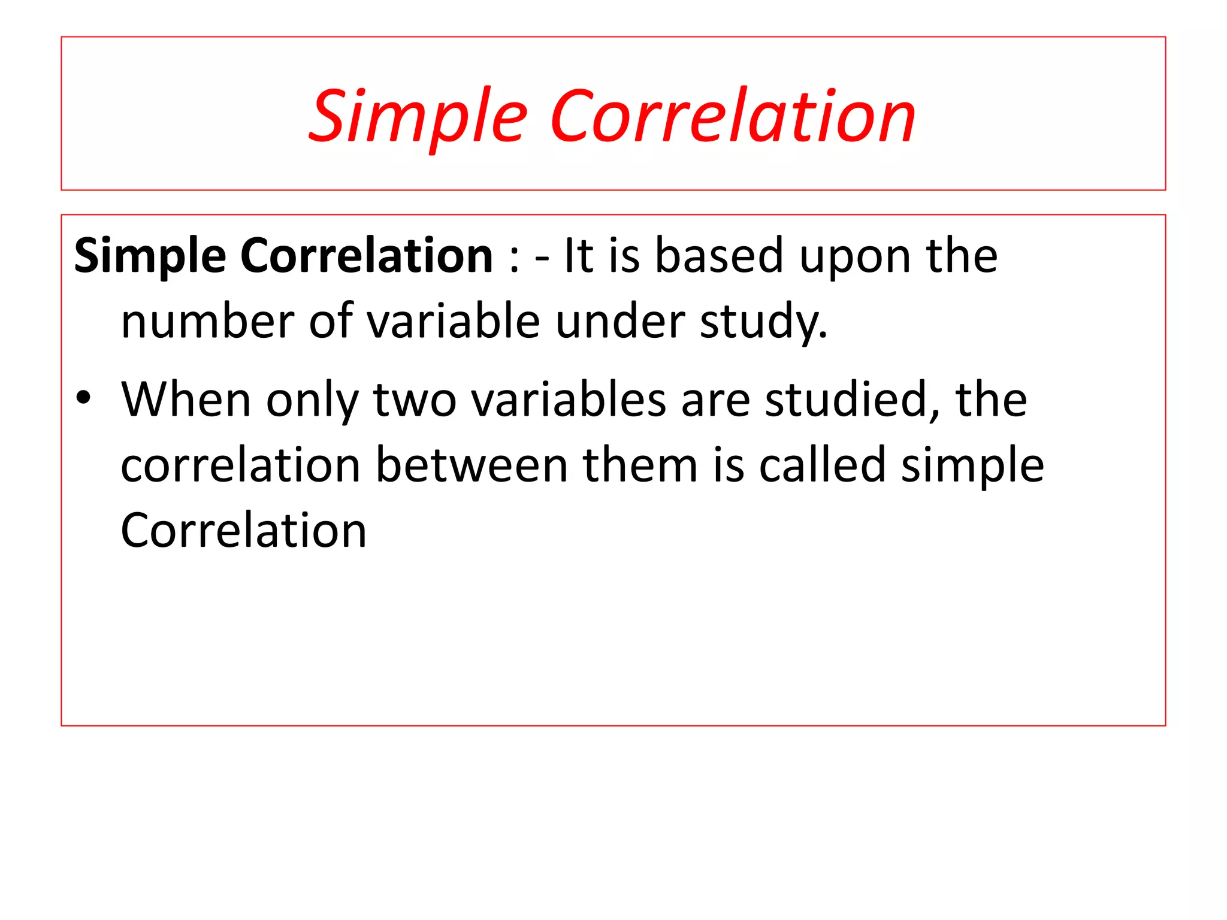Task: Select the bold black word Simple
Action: tap(150, 256)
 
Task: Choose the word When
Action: tap(186, 399)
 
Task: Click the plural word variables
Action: tap(569, 399)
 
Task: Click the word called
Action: tap(822, 465)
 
